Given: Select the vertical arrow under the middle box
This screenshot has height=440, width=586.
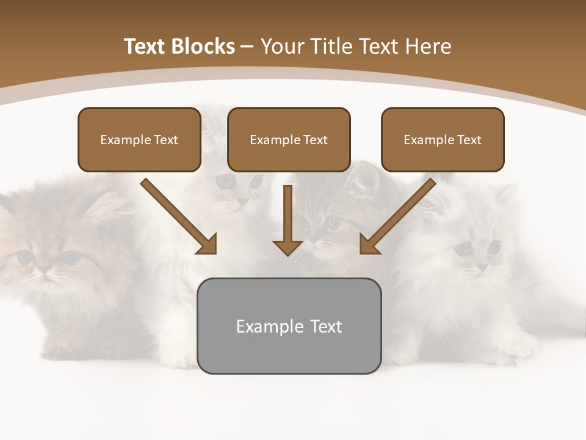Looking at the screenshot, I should pyautogui.click(x=288, y=217).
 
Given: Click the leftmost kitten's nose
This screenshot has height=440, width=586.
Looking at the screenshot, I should pyautogui.click(x=45, y=267).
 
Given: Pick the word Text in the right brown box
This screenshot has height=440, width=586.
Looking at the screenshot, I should pyautogui.click(x=469, y=140).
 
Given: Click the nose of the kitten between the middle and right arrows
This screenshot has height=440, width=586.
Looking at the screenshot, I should pyautogui.click(x=317, y=235).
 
